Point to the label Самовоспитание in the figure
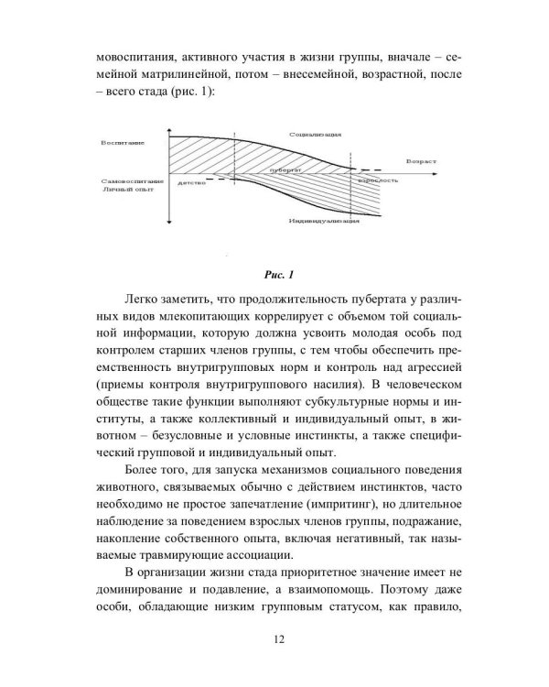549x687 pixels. point(127,182)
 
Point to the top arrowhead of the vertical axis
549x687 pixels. point(171,124)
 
